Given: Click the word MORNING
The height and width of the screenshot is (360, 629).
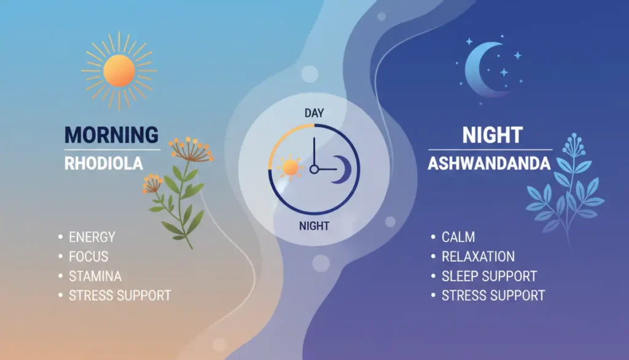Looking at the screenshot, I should coord(111,135).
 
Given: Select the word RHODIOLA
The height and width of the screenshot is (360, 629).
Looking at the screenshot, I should coord(103,163).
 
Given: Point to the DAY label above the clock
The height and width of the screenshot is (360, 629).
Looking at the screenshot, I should coord(314,114).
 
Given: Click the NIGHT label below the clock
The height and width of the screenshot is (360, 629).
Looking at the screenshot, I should coord(314,225).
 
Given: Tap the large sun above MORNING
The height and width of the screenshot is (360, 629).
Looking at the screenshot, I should coord(119,70).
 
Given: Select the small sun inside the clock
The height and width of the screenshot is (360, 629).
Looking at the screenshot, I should coord(289,167).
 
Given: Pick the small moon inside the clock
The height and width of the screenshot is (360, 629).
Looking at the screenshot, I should coord(340,169).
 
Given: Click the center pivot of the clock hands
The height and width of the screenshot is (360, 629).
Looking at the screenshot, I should coord(314,169).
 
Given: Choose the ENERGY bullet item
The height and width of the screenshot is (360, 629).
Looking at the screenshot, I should coord(92,237).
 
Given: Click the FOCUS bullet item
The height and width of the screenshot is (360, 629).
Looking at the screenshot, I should coord(88,256).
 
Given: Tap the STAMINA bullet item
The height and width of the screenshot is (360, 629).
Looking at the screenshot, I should coord(95,276).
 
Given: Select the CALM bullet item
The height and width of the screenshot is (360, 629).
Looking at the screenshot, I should coord(458,237).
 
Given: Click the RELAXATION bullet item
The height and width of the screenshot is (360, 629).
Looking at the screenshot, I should coord(478,256).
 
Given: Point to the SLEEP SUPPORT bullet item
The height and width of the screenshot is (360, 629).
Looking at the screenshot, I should coord(489,276).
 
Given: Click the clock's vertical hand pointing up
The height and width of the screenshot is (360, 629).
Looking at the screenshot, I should coord(314,151).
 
